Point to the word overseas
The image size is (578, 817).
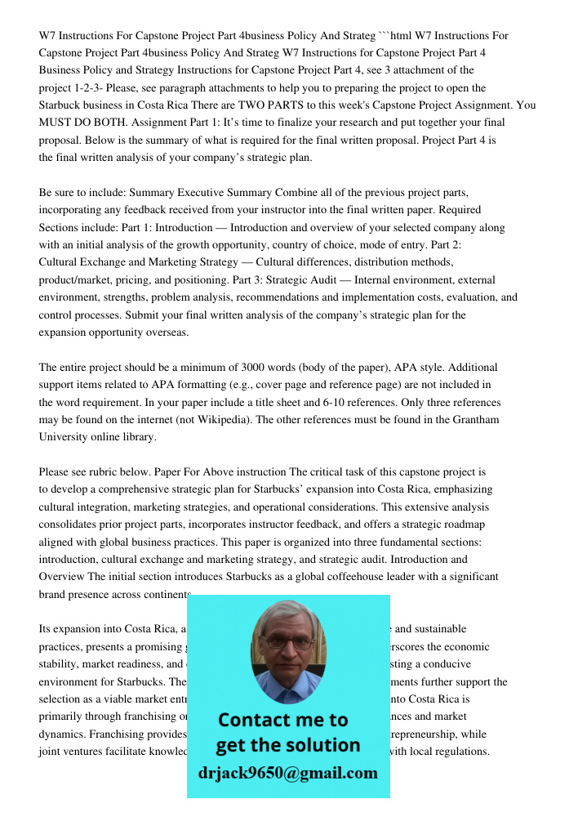166,333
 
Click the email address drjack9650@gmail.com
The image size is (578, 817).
287,773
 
